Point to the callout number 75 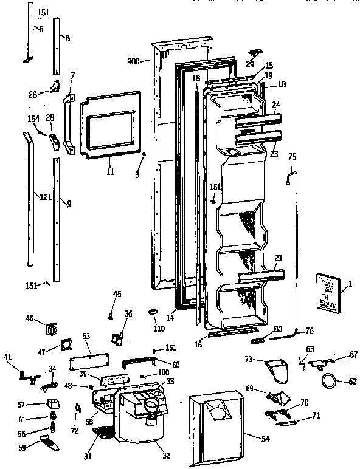[x=292, y=157]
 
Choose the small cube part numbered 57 [x=53, y=403]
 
